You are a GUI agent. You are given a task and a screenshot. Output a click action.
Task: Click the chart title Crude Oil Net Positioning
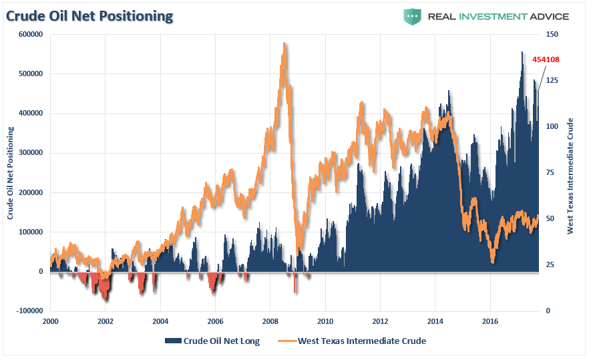[x=90, y=15]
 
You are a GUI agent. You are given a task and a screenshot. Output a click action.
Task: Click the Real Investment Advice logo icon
[x=412, y=16]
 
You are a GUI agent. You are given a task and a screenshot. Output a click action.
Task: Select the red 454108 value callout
[x=546, y=59]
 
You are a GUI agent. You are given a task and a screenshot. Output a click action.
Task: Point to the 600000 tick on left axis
[x=31, y=34]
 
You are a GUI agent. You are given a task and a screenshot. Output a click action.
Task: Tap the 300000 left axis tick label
[x=31, y=153]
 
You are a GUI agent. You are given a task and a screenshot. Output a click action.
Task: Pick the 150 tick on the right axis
[x=552, y=34]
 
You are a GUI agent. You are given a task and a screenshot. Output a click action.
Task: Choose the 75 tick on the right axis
[x=550, y=172]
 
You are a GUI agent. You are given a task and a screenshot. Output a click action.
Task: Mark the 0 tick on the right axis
[x=548, y=311]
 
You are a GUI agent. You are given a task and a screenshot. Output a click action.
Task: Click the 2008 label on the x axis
[x=270, y=321]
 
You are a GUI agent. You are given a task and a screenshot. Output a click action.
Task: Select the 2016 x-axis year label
[x=490, y=321]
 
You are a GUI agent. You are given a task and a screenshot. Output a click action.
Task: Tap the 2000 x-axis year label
[x=50, y=321]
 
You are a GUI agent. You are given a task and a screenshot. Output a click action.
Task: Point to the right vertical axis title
[x=570, y=176]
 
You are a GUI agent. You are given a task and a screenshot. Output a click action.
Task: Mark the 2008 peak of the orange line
[x=285, y=44]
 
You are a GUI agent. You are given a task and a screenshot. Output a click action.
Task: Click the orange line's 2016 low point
[x=492, y=261]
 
